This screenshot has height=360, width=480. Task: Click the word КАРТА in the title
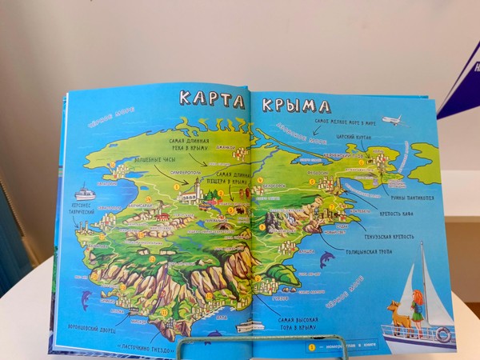212,100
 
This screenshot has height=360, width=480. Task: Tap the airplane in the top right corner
394,121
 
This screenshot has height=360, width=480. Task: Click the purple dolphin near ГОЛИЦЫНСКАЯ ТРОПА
326,259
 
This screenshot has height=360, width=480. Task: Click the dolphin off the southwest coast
86,299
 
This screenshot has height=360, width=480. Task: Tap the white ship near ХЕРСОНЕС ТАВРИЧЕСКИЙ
85,193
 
